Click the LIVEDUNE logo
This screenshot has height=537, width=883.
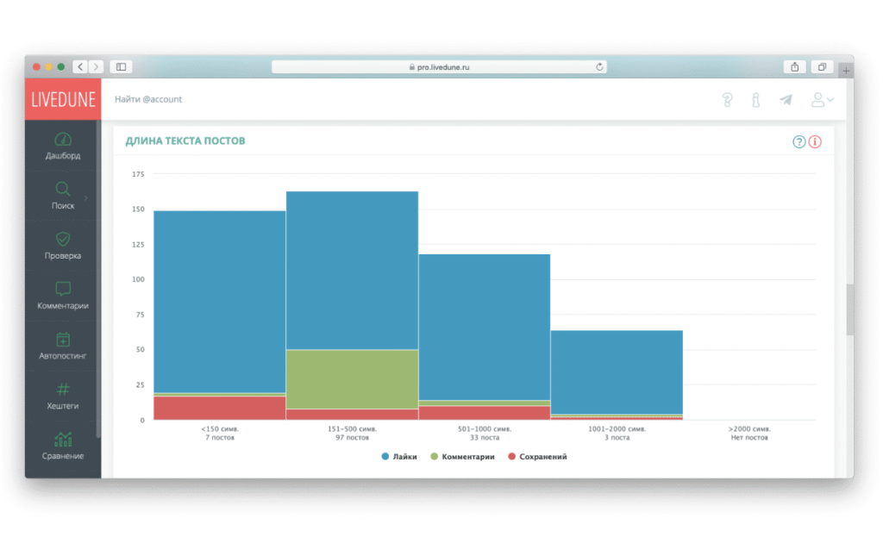pyautogui.click(x=63, y=99)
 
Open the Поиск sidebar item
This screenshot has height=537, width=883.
pyautogui.click(x=63, y=196)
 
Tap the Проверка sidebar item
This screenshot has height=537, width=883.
pyautogui.click(x=63, y=246)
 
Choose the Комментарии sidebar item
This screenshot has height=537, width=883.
pyautogui.click(x=63, y=296)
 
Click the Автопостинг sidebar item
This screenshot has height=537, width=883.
pyautogui.click(x=63, y=346)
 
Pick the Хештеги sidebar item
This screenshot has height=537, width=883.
pyautogui.click(x=63, y=396)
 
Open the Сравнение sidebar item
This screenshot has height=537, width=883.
pyautogui.click(x=63, y=446)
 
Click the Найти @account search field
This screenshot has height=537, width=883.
pyautogui.click(x=148, y=99)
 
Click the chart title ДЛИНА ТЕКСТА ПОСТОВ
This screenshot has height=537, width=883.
pyautogui.click(x=185, y=140)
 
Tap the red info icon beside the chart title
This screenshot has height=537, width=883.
pyautogui.click(x=815, y=142)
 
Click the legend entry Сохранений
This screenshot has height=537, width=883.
pyautogui.click(x=542, y=457)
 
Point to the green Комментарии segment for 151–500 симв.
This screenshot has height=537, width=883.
pyautogui.click(x=352, y=378)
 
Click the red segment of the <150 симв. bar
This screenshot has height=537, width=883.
pyautogui.click(x=220, y=408)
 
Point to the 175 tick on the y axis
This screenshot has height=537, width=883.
pyautogui.click(x=138, y=174)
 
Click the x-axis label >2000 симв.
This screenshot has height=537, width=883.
pyautogui.click(x=749, y=428)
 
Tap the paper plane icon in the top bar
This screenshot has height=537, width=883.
pyautogui.click(x=786, y=100)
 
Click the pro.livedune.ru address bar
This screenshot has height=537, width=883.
pyautogui.click(x=439, y=66)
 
